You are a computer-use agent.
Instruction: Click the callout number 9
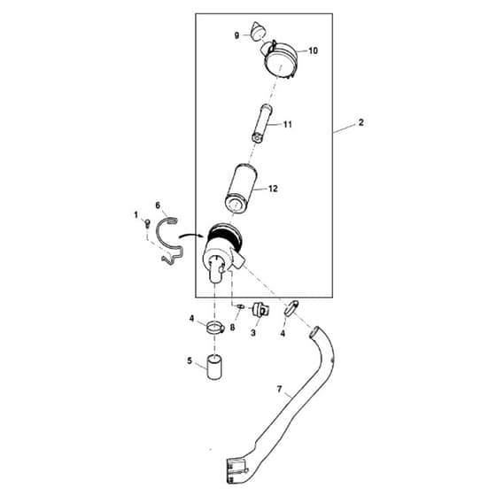(x=236, y=35)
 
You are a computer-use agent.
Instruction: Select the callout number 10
(x=313, y=50)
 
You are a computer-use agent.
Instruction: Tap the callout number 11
(x=288, y=125)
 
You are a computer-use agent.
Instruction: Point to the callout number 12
(x=273, y=189)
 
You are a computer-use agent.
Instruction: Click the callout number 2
(x=361, y=122)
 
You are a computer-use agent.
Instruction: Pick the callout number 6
(x=158, y=205)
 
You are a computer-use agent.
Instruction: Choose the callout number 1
(x=136, y=215)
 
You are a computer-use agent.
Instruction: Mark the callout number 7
(x=279, y=389)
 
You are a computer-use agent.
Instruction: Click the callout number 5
(x=190, y=360)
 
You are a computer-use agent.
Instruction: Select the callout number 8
(x=232, y=328)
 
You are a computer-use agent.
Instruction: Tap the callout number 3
(x=253, y=333)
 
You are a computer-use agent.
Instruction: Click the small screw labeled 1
(x=147, y=223)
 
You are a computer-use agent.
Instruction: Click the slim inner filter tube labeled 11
(x=262, y=124)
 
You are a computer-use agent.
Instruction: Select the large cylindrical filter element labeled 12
(x=240, y=188)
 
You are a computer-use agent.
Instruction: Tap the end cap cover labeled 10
(x=280, y=60)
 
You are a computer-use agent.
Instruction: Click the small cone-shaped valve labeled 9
(x=259, y=31)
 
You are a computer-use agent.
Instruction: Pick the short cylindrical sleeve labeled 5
(x=214, y=367)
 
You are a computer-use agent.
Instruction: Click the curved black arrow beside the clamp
(x=191, y=235)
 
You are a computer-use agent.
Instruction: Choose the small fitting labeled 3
(x=260, y=309)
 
